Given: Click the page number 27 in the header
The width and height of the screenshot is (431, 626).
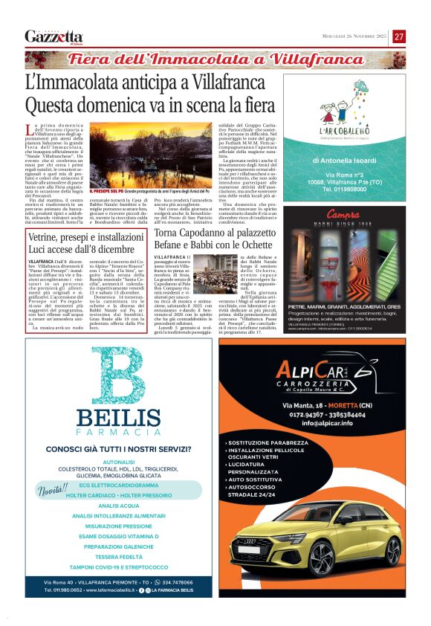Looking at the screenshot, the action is coord(399,36).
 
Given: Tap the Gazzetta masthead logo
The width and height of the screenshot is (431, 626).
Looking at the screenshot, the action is coord(54,36).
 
